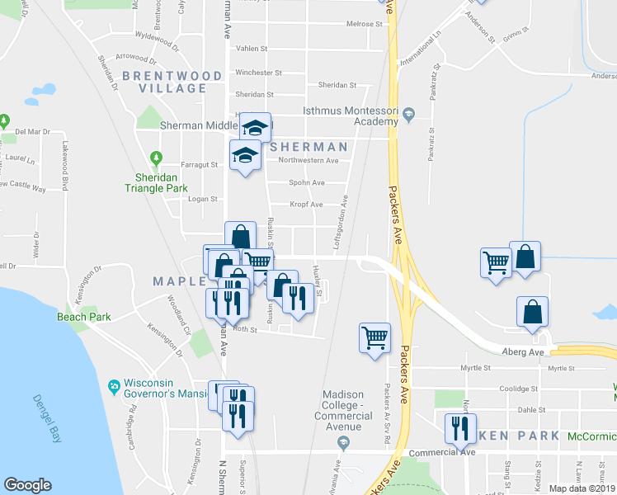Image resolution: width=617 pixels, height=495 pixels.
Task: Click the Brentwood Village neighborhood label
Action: point(172,82)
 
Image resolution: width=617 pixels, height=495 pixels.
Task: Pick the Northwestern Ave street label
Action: point(308,160)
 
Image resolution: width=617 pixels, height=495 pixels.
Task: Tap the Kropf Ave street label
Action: point(305,204)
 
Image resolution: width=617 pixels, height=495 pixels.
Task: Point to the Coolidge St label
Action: point(522,388)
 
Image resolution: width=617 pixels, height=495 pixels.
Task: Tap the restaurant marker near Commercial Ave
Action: point(459,427)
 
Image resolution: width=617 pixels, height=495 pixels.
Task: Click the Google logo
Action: point(27,485)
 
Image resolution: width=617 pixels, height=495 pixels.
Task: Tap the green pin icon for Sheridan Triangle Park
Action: point(154,157)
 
